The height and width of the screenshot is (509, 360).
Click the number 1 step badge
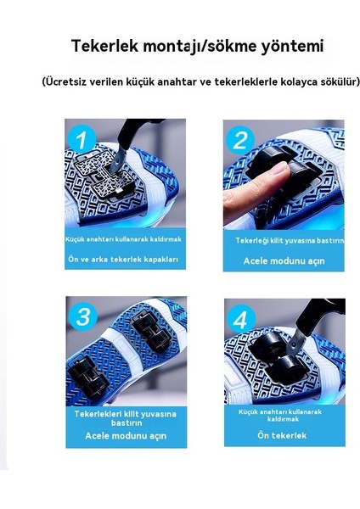[x=81, y=139]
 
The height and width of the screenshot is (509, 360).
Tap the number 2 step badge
[x=239, y=140]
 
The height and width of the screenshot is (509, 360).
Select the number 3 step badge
[x=83, y=316]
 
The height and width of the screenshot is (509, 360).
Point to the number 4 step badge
[x=240, y=319]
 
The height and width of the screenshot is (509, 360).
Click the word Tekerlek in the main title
[x=104, y=46]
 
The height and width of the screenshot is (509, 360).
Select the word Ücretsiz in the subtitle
[x=66, y=81]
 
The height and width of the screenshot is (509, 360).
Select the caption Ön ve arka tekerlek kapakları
[x=123, y=260]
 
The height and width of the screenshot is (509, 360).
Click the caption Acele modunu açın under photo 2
[x=284, y=261]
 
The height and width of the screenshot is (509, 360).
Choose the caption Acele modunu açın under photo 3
[x=126, y=436]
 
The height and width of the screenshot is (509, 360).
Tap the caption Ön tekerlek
[x=282, y=435]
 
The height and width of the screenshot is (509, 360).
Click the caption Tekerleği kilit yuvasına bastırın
[x=290, y=241]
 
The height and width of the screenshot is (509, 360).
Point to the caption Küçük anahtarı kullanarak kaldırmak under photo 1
[x=123, y=239]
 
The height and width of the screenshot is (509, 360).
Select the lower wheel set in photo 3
[x=87, y=378]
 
